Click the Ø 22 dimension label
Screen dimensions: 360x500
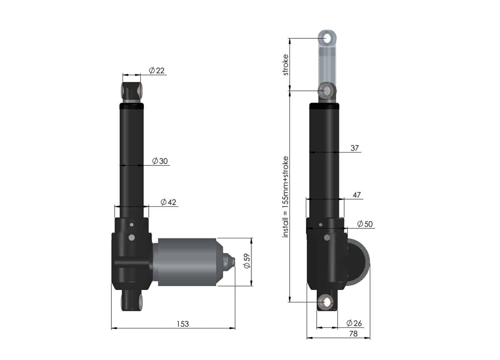point(157,70)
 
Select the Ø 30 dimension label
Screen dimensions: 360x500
point(160,161)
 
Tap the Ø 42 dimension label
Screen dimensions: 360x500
point(168,202)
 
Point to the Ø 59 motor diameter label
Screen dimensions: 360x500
point(246,261)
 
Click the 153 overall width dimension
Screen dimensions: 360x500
point(182,324)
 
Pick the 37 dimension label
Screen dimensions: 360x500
point(355,148)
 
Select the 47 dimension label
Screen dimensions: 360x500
point(357,195)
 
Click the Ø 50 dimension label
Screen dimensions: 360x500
point(365,224)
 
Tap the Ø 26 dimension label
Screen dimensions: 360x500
point(355,323)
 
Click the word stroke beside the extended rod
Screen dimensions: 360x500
point(285,65)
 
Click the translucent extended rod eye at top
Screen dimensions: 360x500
point(329,38)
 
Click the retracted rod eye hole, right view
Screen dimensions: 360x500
point(327,90)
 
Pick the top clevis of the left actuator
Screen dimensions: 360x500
point(132,92)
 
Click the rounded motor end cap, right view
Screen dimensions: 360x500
point(359,262)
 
